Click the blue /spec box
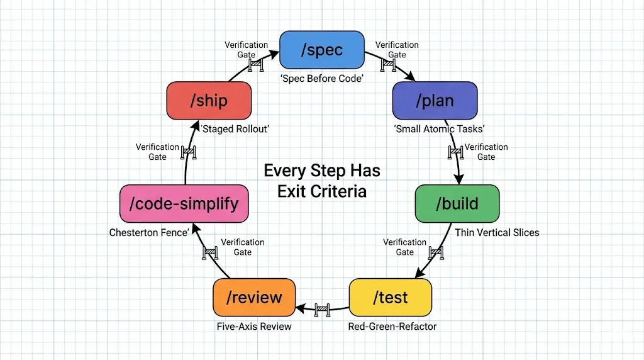click(321, 50)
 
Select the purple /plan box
click(435, 101)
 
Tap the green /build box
click(457, 203)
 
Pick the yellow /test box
click(390, 298)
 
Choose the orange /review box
click(254, 298)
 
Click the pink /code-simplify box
click(184, 203)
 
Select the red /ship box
click(209, 101)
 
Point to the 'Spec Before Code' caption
click(322, 79)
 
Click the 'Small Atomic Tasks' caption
click(439, 129)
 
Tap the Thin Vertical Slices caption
click(497, 233)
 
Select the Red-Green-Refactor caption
click(392, 326)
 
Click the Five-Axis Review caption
click(254, 326)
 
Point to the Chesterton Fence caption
click(149, 233)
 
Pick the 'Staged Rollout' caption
click(235, 129)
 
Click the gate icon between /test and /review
click(323, 310)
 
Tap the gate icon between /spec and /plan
click(388, 65)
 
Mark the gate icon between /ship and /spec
click(256, 65)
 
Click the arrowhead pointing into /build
click(458, 179)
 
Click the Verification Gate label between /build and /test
click(404, 247)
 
